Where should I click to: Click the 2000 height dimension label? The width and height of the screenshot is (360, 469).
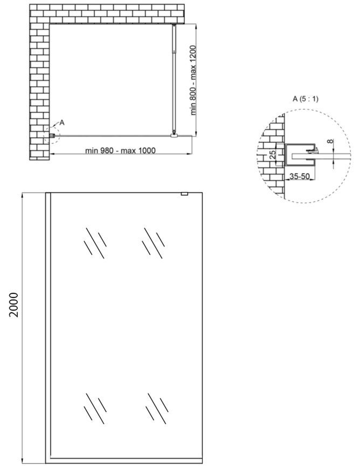14,305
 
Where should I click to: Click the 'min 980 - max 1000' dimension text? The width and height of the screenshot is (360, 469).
120,150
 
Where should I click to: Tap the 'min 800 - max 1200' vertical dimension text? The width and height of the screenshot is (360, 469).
193,80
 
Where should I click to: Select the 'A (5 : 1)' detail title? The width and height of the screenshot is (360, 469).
305,99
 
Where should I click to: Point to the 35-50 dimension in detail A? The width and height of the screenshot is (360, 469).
299,176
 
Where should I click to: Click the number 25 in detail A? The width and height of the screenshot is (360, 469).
272,154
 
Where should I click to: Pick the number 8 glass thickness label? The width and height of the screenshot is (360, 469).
329,141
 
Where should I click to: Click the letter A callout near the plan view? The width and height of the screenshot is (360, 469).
62,122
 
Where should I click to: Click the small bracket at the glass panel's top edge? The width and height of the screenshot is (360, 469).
184,194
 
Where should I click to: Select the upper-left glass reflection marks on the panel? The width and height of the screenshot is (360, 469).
95,243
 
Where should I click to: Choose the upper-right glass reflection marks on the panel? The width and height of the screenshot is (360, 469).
153,243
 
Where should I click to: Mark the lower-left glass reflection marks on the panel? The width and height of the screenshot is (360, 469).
95,408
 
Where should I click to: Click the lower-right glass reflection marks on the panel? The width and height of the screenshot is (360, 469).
157,408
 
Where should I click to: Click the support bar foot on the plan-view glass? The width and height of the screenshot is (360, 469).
174,136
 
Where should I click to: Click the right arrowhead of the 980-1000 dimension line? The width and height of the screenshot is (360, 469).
189,154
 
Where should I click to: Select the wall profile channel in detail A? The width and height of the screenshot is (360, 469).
300,155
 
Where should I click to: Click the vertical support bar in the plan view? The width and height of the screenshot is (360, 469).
174,79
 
